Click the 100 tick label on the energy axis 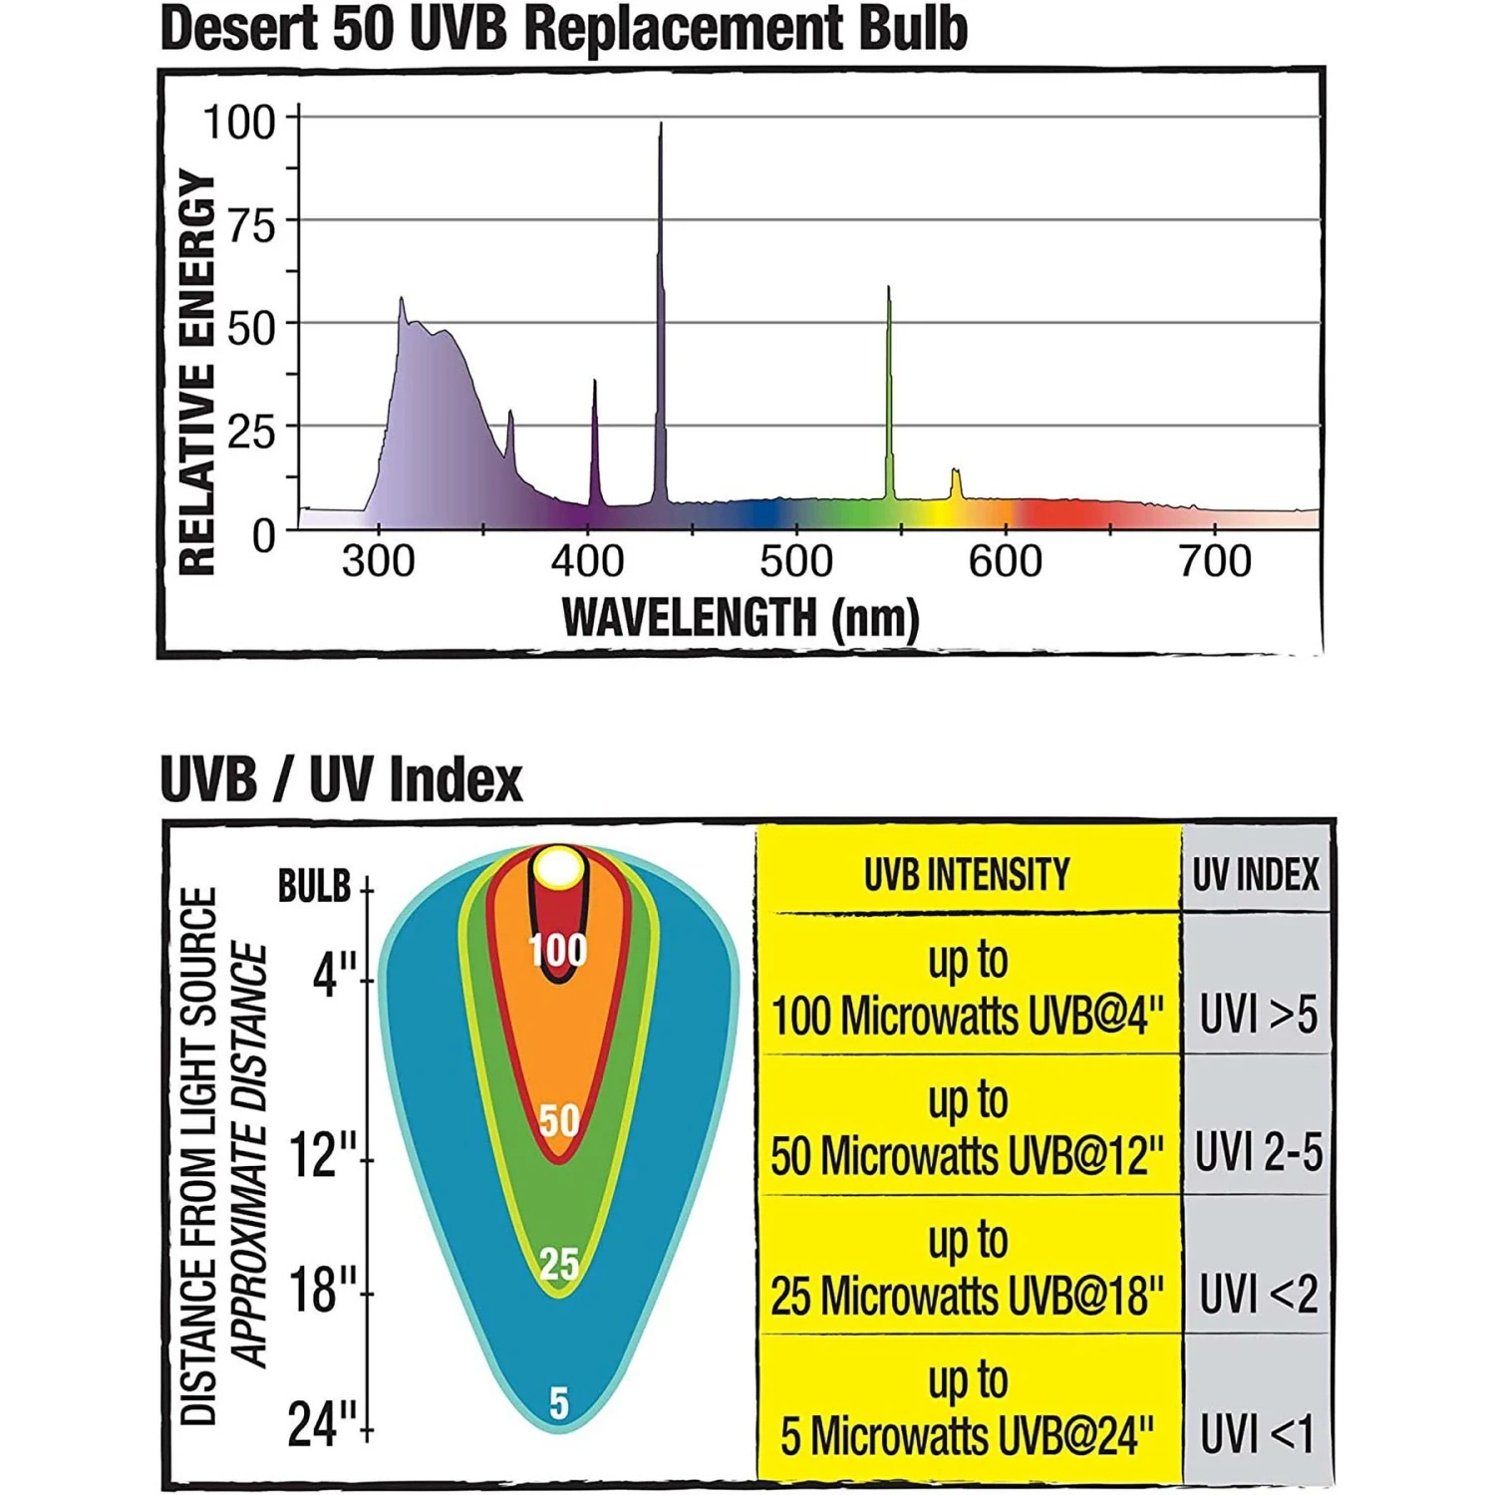tap(239, 123)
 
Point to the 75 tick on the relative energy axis tap(251, 226)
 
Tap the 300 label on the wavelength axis tap(378, 561)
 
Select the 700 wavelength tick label tap(1214, 561)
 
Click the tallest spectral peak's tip tap(660, 126)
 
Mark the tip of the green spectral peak tap(888, 289)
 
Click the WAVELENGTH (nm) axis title tap(741, 618)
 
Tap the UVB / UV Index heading tap(341, 778)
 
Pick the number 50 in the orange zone tap(558, 1120)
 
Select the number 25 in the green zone tap(558, 1264)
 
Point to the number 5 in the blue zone tap(558, 1403)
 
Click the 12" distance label tap(322, 1156)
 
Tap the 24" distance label tap(321, 1425)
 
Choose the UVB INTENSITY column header tap(967, 875)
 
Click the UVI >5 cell tap(1258, 1015)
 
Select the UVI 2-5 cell tap(1258, 1153)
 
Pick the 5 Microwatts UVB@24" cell tap(967, 1436)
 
